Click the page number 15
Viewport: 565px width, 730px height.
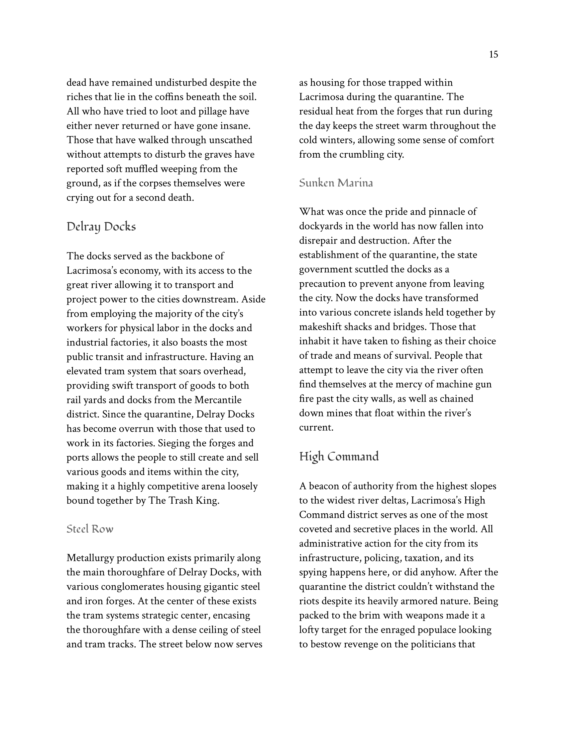(493, 54)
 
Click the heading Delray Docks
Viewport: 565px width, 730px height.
(101, 227)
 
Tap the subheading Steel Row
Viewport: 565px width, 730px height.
(90, 529)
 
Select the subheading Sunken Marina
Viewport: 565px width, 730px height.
(336, 183)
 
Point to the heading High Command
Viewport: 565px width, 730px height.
(339, 457)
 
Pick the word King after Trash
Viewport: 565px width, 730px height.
(207, 500)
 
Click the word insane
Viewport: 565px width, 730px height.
(234, 126)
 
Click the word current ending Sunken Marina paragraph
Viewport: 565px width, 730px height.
(316, 428)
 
